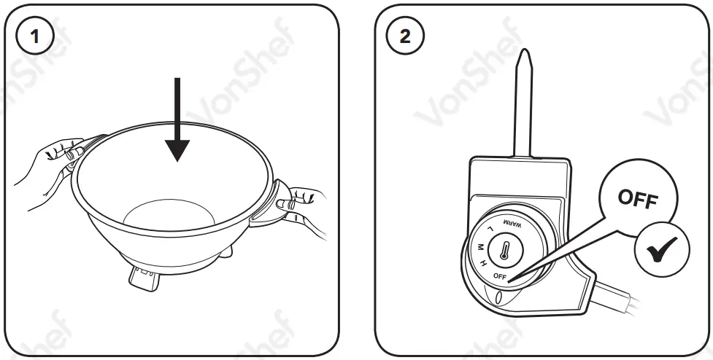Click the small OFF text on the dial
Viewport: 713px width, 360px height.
pos(500,276)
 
